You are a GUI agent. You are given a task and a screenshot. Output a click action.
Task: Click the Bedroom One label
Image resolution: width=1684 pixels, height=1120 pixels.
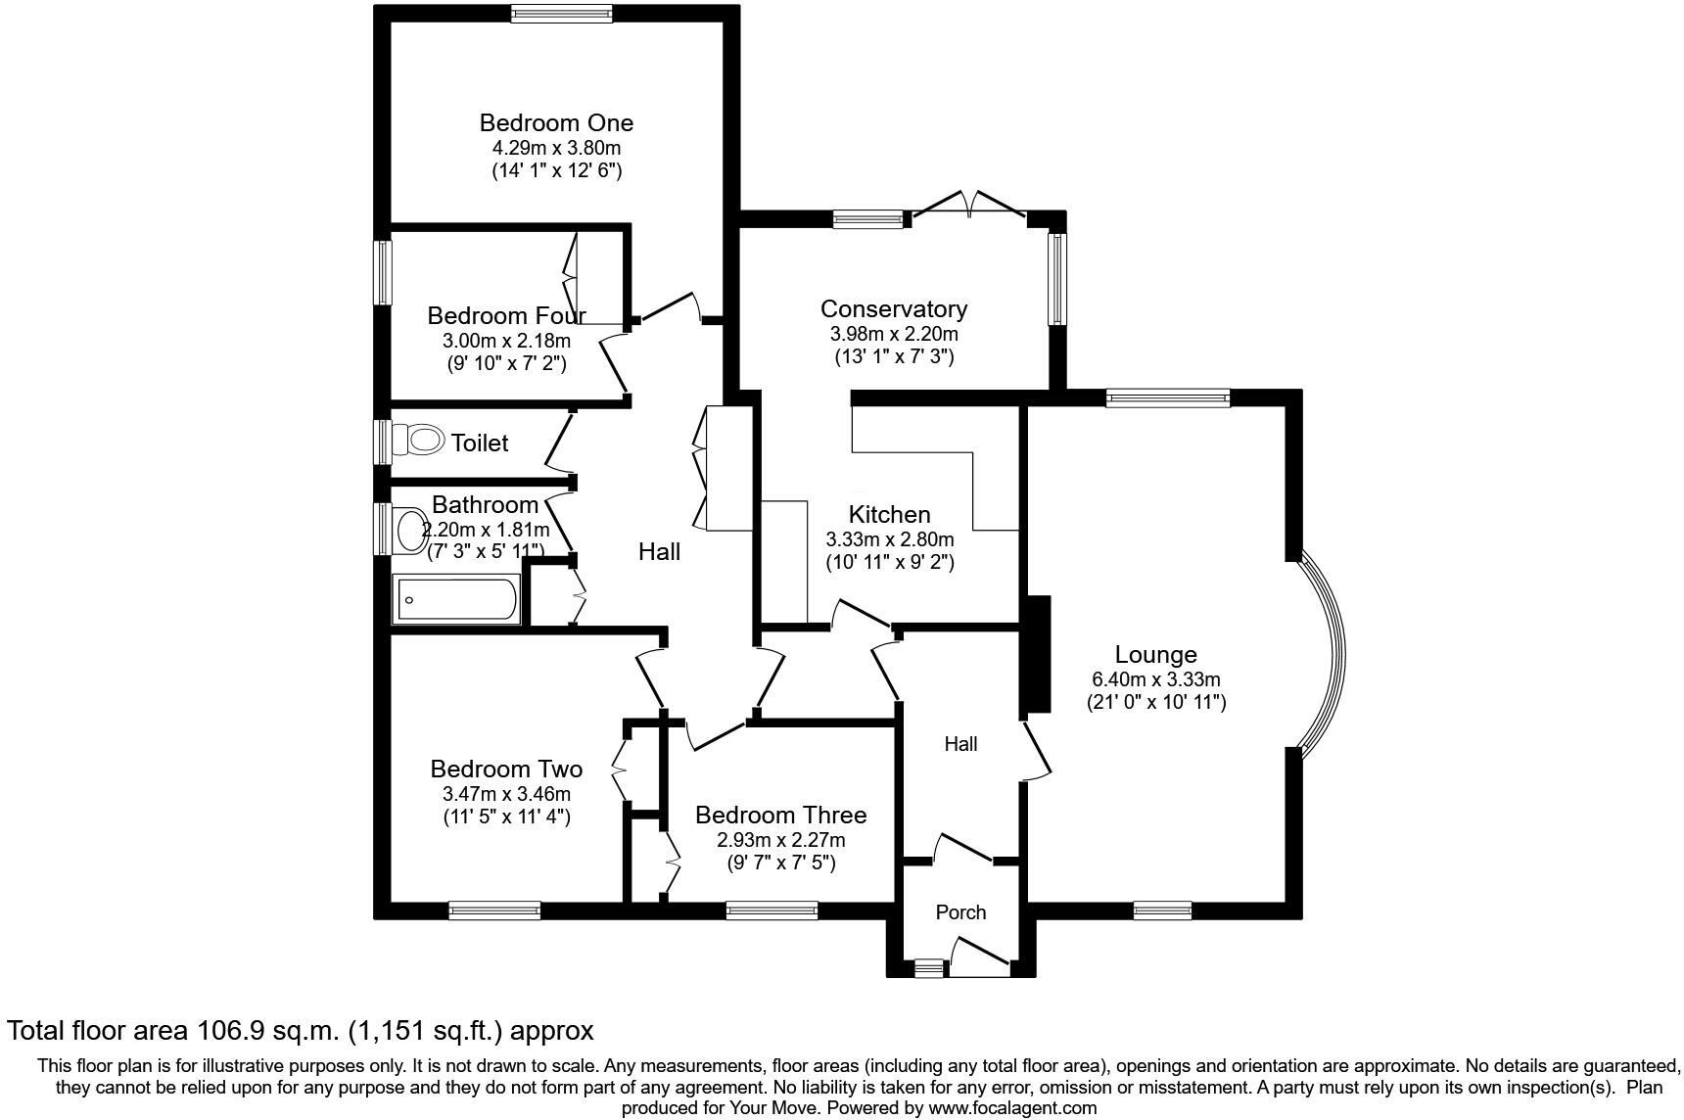coord(556,122)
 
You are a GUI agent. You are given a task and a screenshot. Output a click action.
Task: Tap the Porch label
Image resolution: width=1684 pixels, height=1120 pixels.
coord(960,912)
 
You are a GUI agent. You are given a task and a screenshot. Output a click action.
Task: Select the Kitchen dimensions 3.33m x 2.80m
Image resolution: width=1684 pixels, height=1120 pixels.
coord(889,539)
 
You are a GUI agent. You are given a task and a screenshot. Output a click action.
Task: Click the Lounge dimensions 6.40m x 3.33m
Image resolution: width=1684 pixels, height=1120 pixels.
coord(1155,679)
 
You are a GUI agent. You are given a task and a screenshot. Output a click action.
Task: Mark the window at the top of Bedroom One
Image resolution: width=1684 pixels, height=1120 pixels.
coord(561,13)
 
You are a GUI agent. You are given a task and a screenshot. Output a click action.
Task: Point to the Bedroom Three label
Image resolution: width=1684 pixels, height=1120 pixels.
coord(780,816)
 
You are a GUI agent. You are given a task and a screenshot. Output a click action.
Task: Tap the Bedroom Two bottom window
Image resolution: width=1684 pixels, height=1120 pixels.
coord(494,910)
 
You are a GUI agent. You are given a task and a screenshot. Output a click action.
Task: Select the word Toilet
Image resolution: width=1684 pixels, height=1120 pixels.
coord(480,443)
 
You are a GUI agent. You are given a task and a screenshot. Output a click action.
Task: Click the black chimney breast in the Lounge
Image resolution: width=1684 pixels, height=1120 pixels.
coord(1036,654)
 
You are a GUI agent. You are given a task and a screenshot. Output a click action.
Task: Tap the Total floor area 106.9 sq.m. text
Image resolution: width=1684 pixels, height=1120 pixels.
coord(300,1031)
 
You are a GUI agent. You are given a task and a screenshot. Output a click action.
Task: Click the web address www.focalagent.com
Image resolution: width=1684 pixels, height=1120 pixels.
coord(1011,1108)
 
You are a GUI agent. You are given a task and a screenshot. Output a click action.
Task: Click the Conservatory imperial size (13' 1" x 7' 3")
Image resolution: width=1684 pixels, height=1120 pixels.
coord(893,357)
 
